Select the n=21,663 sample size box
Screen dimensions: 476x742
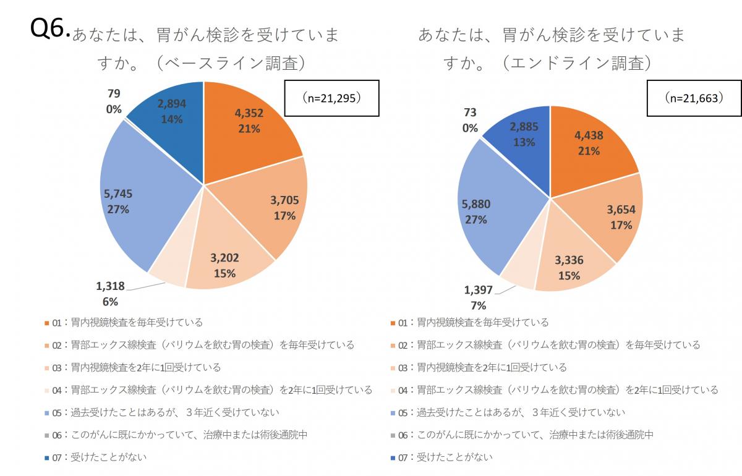click(693, 98)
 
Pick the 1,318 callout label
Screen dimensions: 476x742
click(110, 286)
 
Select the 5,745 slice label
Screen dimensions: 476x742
click(118, 194)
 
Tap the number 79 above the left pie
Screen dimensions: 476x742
click(113, 94)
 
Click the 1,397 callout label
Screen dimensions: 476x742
click(478, 290)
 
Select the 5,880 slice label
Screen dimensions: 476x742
click(475, 204)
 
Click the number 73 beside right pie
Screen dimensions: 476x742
click(470, 113)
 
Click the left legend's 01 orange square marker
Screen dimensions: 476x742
click(46, 323)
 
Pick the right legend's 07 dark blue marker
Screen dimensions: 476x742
click(393, 457)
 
